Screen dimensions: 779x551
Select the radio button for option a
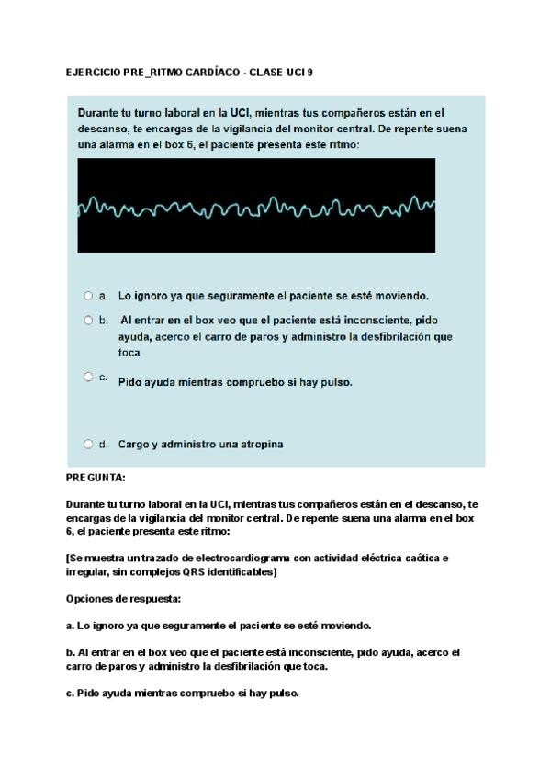pos(88,296)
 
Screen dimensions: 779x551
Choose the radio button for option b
pos(88,321)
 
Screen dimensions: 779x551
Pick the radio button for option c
pos(88,377)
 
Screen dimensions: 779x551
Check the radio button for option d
pos(88,444)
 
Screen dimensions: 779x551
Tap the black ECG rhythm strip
pos(256,205)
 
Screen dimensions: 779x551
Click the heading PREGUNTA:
pos(96,478)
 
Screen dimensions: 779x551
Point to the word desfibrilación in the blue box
pos(395,336)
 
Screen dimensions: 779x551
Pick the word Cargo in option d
pos(134,444)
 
